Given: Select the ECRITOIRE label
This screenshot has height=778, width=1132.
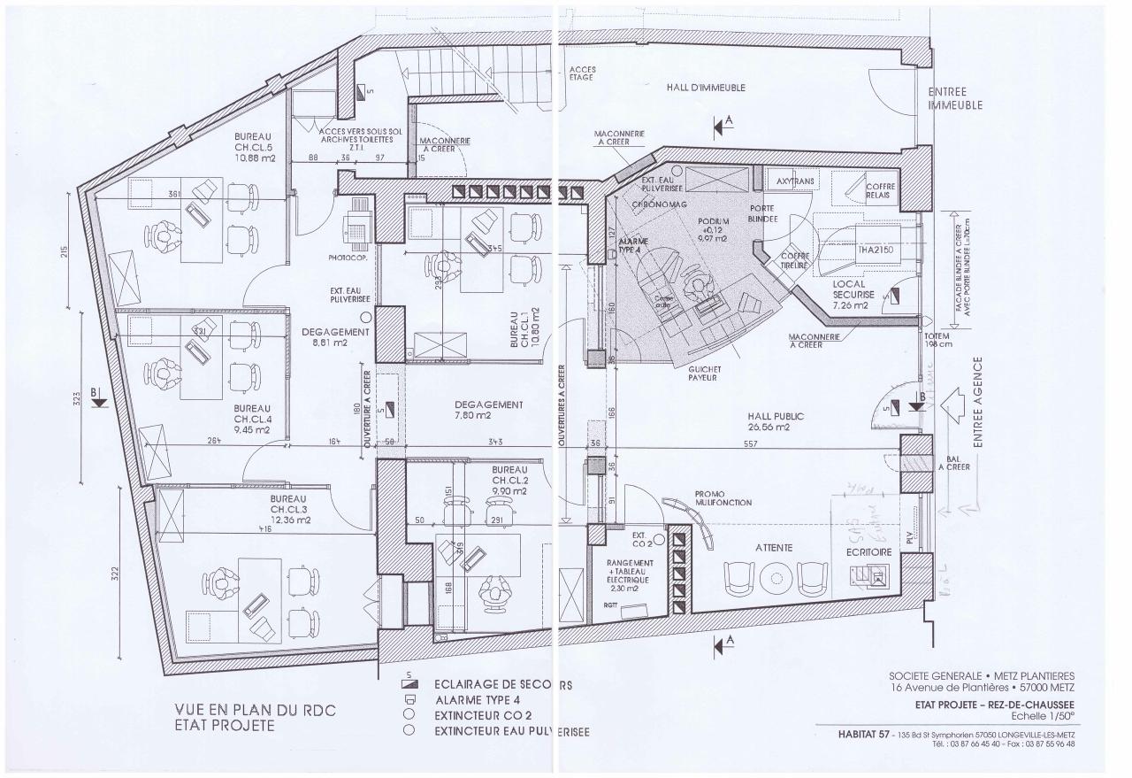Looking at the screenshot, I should pyautogui.click(x=868, y=550).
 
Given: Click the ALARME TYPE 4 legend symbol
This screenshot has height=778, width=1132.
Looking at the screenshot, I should pyautogui.click(x=409, y=700).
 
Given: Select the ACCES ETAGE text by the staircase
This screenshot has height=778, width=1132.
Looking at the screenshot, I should pyautogui.click(x=581, y=73).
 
